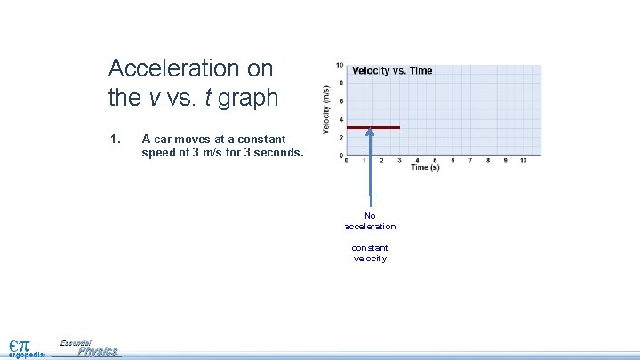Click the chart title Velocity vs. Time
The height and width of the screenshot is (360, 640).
pos(392,71)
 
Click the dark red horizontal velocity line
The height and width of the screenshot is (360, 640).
pos(373,128)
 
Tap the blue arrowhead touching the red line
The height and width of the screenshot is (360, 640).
pos(370,132)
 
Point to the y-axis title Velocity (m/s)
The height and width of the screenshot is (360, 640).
pos(326,110)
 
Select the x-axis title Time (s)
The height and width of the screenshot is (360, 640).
pos(425,167)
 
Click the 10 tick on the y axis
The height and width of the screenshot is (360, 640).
pos(340,65)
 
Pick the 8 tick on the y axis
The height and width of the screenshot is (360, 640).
pos(341,83)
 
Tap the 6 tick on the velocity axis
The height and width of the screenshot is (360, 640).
pos(341,101)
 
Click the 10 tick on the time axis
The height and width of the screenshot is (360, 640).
pos(523,160)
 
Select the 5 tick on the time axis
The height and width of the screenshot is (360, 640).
pos(435,160)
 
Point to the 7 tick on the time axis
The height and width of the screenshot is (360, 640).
pos(470,160)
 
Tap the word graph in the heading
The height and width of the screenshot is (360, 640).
pos(248,98)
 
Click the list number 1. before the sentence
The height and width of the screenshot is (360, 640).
pos(114,139)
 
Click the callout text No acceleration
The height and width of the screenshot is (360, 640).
pos(370,221)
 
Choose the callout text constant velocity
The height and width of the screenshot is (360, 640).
pos(370,252)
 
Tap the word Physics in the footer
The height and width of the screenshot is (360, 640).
pos(97,351)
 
